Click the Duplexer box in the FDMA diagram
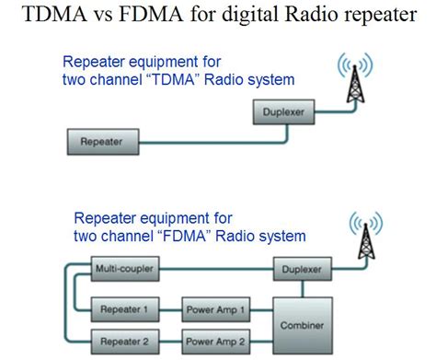click(x=301, y=269)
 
